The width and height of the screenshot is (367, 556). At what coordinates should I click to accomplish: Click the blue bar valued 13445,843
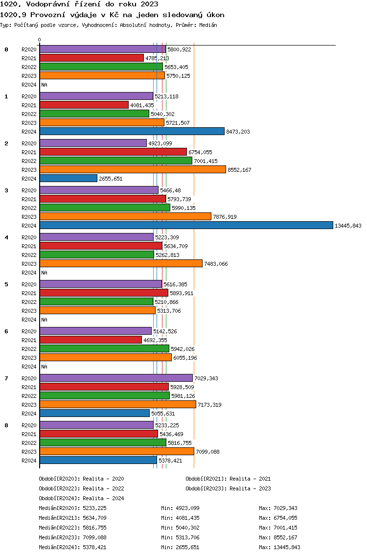(186, 225)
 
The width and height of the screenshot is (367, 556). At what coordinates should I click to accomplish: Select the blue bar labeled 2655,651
(69, 178)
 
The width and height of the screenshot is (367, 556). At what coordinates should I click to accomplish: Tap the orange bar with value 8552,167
(133, 169)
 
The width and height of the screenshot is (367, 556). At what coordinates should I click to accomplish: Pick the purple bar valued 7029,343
(116, 378)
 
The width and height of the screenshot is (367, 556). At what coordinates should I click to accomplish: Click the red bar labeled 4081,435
(84, 105)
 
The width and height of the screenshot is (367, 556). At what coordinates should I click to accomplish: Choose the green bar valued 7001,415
(116, 161)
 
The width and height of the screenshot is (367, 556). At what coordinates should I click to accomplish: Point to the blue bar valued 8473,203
(132, 131)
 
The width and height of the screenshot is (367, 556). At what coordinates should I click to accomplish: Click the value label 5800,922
(179, 49)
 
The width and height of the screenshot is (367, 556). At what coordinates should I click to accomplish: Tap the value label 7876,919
(225, 217)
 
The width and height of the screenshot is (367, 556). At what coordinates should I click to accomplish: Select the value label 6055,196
(185, 358)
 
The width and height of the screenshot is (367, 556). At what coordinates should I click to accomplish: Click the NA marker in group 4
(44, 273)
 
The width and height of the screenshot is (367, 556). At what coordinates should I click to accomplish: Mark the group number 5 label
(6, 284)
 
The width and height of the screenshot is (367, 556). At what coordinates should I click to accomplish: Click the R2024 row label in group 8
(29, 461)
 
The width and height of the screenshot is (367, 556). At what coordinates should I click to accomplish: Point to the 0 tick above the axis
(39, 40)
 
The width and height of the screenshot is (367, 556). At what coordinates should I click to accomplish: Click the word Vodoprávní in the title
(47, 4)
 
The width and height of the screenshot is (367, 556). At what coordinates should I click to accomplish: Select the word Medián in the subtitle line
(208, 25)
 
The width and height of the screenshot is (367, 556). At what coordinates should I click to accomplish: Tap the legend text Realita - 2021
(250, 479)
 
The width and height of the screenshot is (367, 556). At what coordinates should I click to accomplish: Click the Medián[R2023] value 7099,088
(94, 537)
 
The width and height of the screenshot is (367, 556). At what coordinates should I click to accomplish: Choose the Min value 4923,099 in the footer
(187, 508)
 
